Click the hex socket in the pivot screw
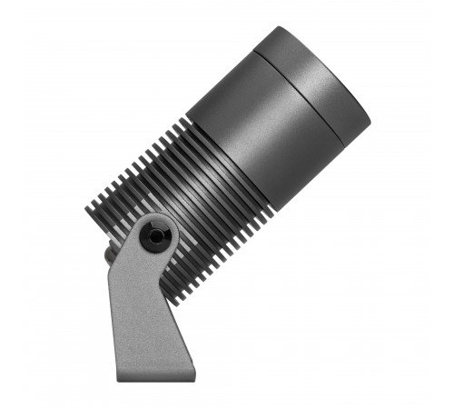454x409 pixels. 157,235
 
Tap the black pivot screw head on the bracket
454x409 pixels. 157,235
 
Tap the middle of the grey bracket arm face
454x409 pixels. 141,309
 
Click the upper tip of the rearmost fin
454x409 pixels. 88,207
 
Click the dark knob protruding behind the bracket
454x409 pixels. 110,254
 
